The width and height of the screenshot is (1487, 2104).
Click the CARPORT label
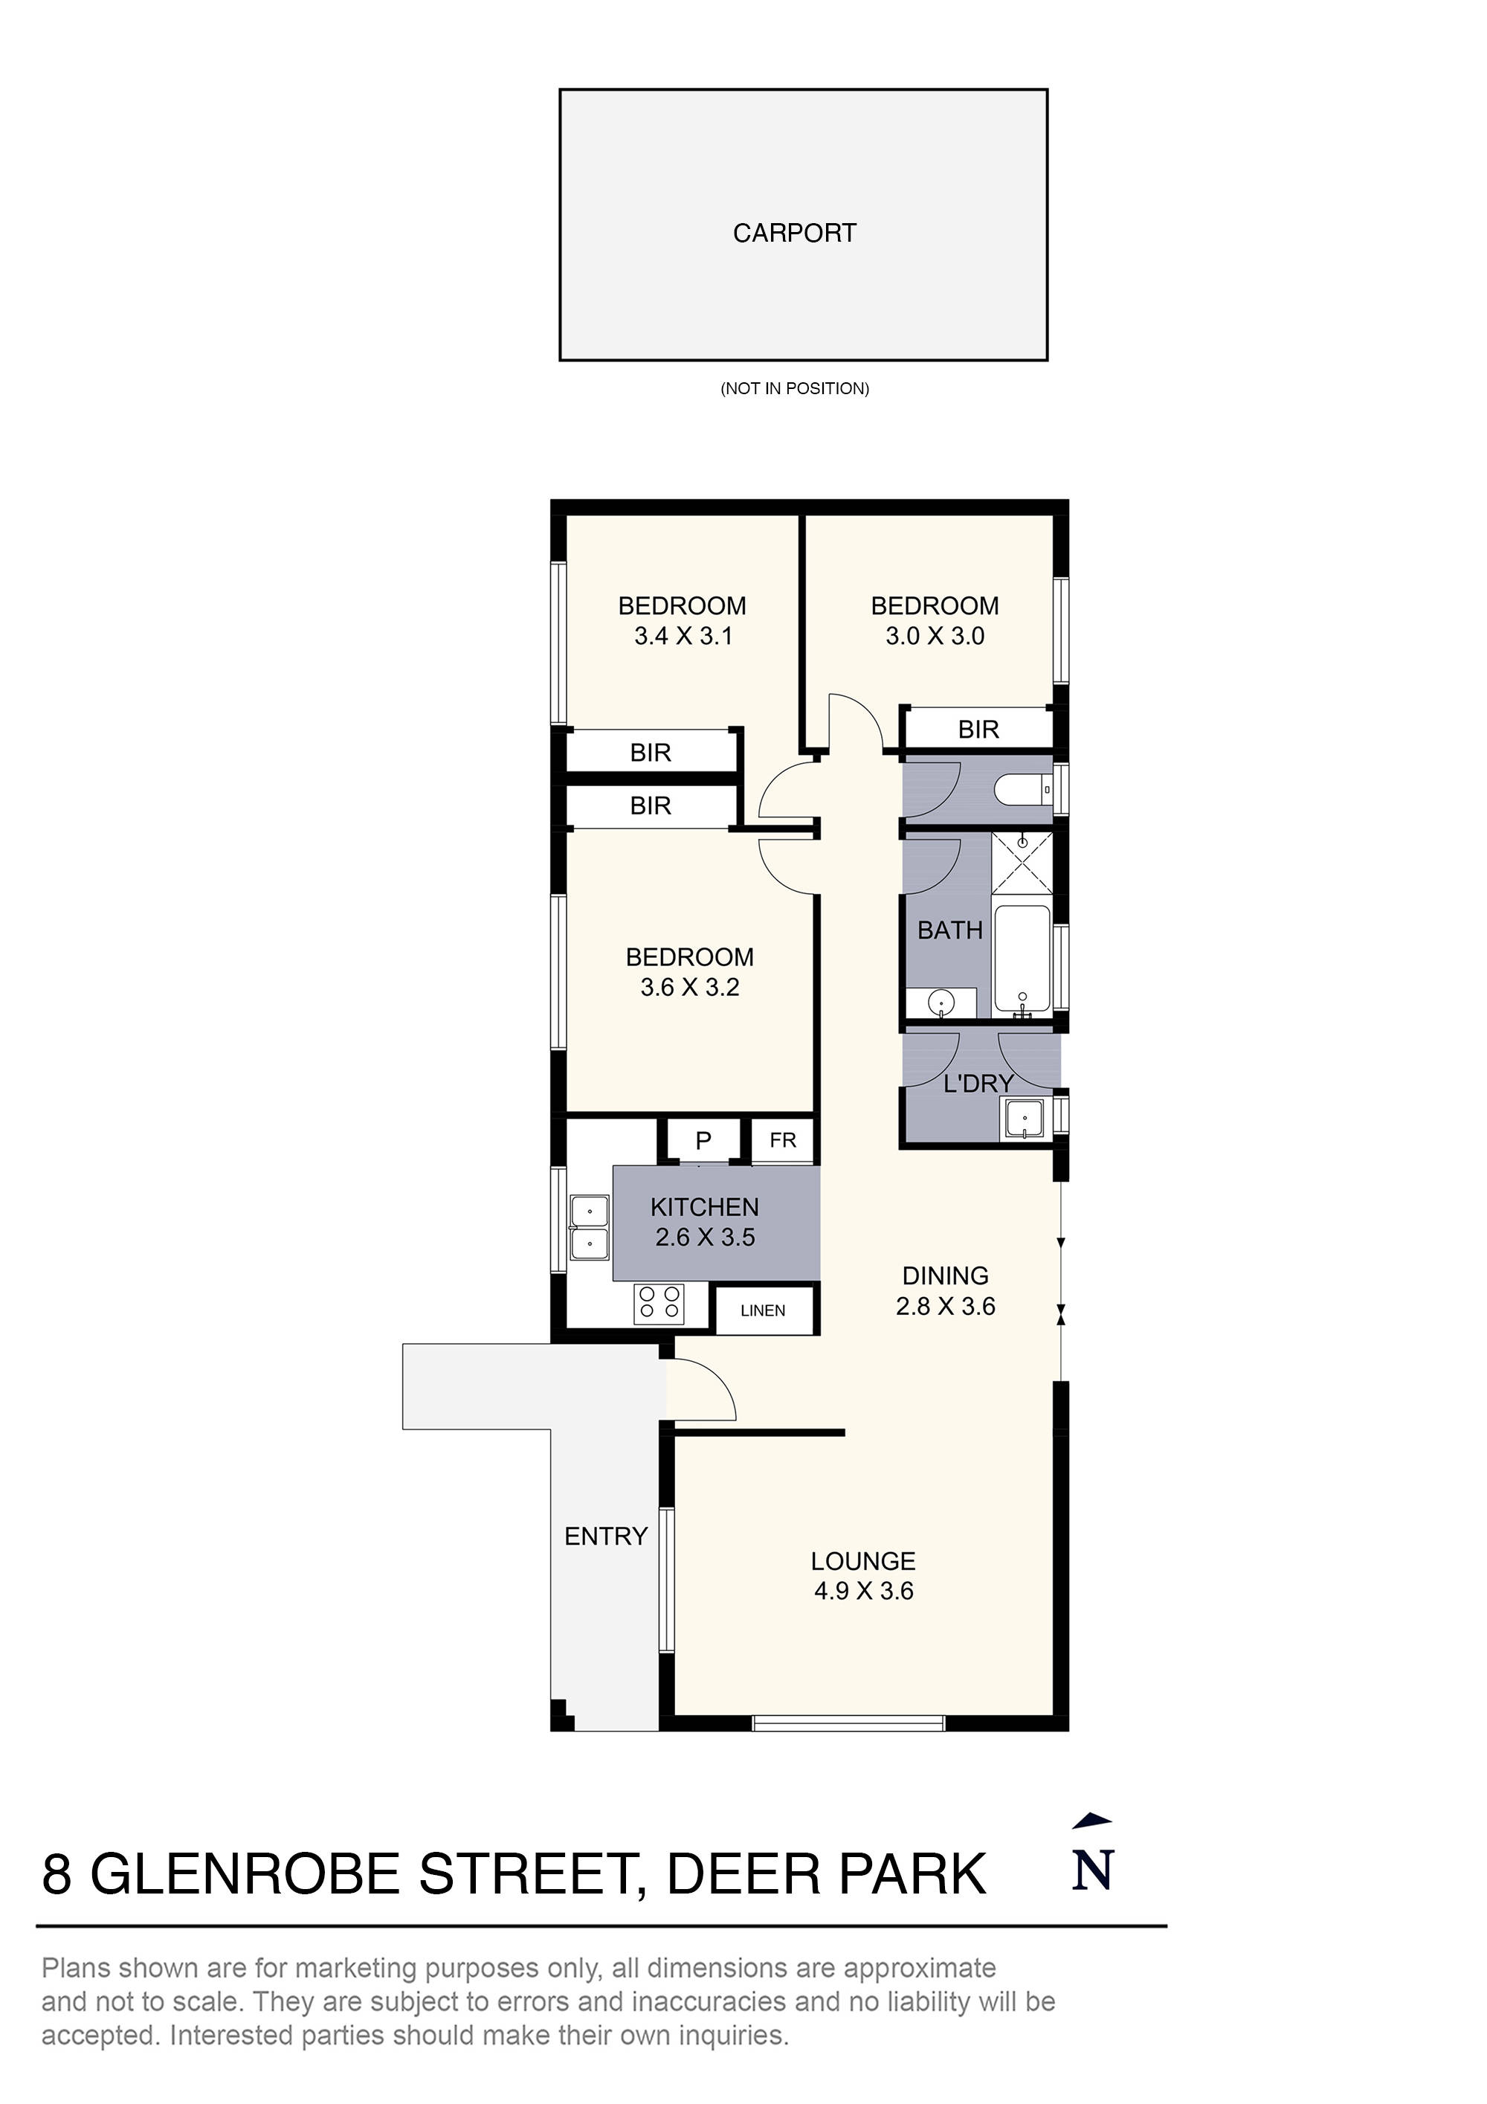point(793,233)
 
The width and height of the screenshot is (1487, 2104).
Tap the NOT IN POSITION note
point(793,388)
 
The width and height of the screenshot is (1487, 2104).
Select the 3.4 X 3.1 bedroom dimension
point(683,636)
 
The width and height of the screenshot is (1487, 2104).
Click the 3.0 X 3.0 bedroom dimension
point(934,636)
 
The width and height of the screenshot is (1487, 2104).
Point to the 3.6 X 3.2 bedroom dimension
point(689,987)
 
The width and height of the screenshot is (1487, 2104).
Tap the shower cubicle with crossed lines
point(1022,860)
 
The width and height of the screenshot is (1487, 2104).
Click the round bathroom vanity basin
point(941,1003)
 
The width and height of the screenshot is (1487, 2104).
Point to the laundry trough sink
point(1022,1119)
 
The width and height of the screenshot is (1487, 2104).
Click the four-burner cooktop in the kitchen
point(659,1302)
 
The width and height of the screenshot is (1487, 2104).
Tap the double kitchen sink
point(589,1227)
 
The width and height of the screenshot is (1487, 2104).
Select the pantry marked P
point(703,1141)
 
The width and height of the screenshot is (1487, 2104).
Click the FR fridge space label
point(782,1140)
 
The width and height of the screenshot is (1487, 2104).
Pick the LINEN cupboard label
point(762,1310)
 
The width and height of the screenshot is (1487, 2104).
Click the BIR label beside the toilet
point(978,730)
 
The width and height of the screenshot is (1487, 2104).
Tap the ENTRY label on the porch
point(606,1536)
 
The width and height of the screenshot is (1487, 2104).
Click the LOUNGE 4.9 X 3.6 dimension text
point(863,1591)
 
